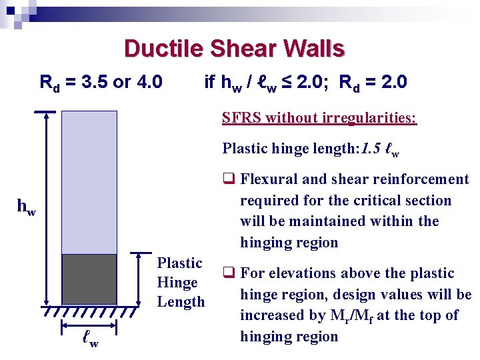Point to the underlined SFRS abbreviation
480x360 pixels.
point(241,118)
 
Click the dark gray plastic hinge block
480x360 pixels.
point(89,279)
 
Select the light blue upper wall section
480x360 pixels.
point(89,181)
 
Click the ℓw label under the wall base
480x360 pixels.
point(89,343)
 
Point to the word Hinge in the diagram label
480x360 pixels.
point(177,283)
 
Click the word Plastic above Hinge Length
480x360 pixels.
point(179,263)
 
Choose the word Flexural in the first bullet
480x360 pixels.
point(266,179)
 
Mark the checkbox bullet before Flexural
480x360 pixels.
point(227,179)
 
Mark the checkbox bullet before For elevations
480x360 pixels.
point(227,273)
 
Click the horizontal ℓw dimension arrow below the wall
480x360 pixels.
point(89,327)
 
